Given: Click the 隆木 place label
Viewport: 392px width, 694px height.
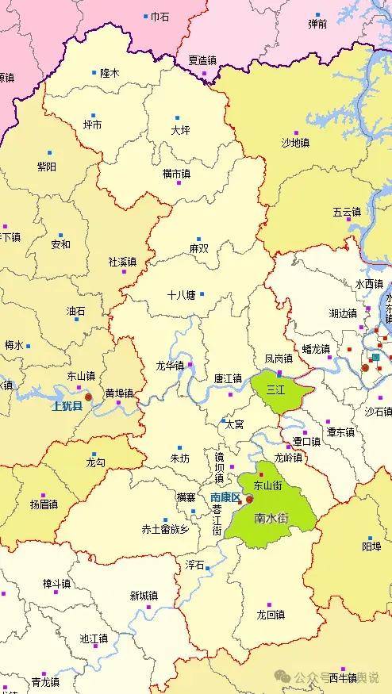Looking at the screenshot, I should tap(110, 72).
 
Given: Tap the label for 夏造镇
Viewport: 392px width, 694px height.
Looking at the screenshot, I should tap(202, 60).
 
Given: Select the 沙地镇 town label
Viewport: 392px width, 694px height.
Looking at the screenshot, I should tap(296, 143).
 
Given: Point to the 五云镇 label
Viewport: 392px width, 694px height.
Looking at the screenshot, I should tap(347, 213).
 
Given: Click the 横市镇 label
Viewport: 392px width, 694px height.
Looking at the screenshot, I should tap(176, 173).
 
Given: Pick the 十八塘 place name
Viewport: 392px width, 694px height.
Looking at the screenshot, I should tap(181, 294).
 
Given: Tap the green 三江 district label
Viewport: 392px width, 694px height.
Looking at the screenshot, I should tap(275, 389).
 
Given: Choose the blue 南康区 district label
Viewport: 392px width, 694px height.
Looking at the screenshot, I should tap(225, 497).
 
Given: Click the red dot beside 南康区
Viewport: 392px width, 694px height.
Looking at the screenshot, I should tap(249, 500).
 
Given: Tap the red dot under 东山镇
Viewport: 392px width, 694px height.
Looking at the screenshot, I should tap(88, 397).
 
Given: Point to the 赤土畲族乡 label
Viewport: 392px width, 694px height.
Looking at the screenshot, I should tap(165, 529).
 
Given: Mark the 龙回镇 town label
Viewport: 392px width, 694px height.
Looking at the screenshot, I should tap(271, 615).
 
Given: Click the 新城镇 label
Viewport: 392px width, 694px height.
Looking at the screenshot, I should tap(144, 596).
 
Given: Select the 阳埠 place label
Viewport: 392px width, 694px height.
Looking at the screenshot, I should tap(371, 546).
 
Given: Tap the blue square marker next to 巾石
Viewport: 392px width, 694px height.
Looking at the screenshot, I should tap(145, 16).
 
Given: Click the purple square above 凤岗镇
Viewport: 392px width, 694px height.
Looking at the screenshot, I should tap(279, 373).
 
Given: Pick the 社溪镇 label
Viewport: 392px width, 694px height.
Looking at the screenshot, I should tap(122, 262).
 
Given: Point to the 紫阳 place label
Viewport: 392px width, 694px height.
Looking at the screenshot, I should tap(47, 167).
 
